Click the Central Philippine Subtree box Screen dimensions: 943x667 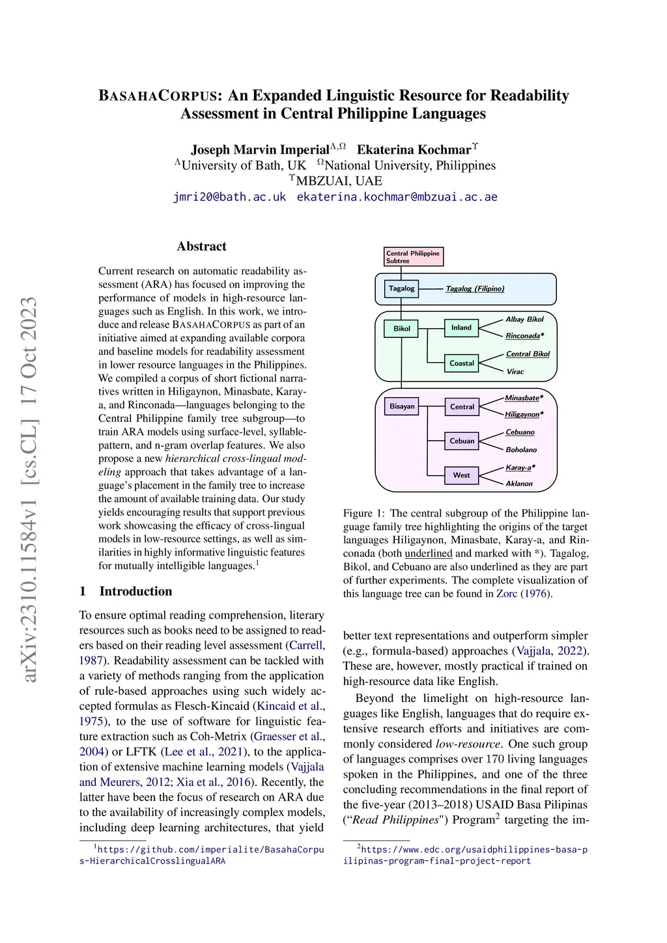414,257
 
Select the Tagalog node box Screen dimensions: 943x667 401,289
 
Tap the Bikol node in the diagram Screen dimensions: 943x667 402,328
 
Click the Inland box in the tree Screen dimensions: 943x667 461,328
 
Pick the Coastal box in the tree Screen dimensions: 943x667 462,363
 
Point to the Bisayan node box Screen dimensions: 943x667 402,406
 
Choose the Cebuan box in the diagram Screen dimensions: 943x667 462,441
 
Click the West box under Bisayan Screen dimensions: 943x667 461,475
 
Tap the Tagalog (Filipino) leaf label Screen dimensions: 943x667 475,289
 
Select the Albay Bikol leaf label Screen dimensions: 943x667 524,319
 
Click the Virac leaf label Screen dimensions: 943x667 515,371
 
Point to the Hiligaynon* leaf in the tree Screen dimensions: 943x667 524,414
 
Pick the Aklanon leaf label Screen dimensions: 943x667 519,484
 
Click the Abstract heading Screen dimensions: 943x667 202,246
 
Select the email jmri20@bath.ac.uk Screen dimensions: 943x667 229,197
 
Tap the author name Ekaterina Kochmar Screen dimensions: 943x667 414,150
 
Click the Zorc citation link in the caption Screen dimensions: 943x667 507,593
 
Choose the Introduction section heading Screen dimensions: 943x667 135,591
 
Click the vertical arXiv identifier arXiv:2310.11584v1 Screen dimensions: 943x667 29,488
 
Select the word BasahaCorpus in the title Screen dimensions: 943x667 157,96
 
